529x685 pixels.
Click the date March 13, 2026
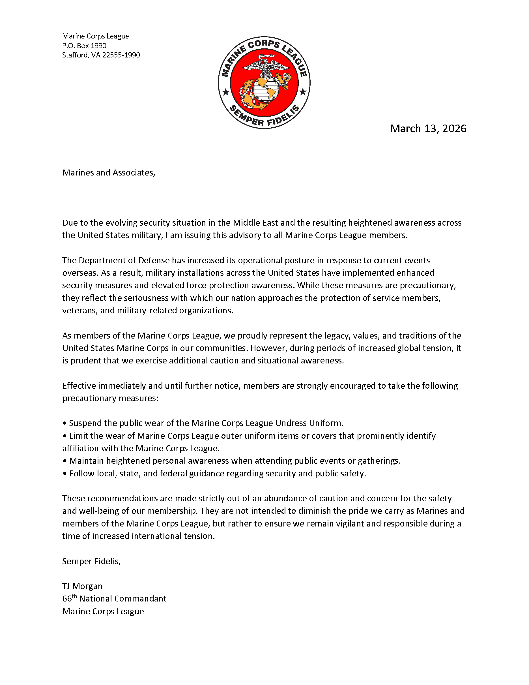428,129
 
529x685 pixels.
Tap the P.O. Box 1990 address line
84,46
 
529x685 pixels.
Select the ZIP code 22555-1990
121,55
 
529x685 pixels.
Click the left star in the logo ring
226,92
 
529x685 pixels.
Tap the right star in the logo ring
303,92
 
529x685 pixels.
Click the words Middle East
255,223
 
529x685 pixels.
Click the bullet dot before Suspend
64,423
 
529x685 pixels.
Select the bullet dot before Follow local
64,474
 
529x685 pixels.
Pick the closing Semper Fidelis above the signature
91,561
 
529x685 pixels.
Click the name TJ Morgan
82,586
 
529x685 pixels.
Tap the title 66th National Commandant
114,599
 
